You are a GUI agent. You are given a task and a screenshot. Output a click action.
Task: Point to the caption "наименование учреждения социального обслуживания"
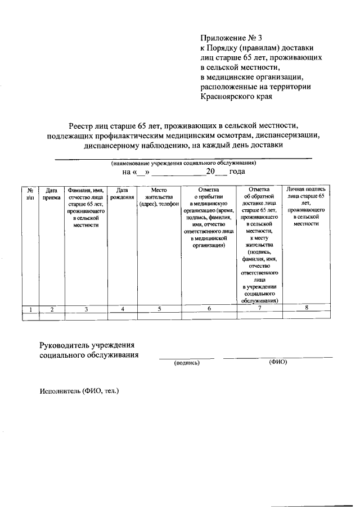pyautogui.click(x=183, y=163)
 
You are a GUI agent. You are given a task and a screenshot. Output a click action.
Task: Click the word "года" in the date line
pyautogui.click(x=237, y=172)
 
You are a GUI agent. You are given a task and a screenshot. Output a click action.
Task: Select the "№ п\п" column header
pyautogui.click(x=30, y=193)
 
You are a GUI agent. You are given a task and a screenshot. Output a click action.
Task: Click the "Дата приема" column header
pyautogui.click(x=52, y=193)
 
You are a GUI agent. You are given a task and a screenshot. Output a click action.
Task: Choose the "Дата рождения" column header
pyautogui.click(x=123, y=193)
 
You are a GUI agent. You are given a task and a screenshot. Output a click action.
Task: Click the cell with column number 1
pyautogui.click(x=30, y=309)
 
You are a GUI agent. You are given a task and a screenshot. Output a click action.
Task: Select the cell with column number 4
pyautogui.click(x=123, y=309)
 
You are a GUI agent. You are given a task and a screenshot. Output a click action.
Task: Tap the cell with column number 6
pyautogui.click(x=209, y=309)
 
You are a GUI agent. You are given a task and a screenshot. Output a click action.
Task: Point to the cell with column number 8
pyautogui.click(x=306, y=308)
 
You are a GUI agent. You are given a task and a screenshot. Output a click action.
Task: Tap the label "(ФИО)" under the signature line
pyautogui.click(x=278, y=362)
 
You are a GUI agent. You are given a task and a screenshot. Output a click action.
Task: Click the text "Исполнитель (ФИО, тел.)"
pyautogui.click(x=79, y=390)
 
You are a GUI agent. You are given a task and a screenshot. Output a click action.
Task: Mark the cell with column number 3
pyautogui.click(x=86, y=309)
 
